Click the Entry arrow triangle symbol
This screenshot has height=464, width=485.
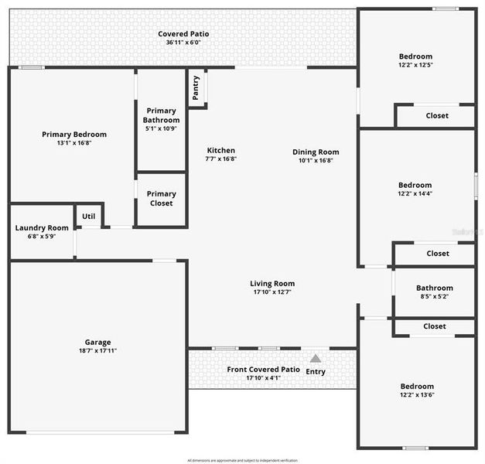(x=315, y=358)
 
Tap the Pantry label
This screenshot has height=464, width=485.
(x=196, y=87)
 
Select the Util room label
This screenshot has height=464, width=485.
(x=89, y=216)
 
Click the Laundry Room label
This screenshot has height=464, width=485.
(x=42, y=228)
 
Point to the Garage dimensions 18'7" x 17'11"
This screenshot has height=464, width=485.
(x=97, y=350)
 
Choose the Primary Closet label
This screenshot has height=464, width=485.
(x=161, y=199)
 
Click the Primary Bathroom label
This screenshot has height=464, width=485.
(x=161, y=115)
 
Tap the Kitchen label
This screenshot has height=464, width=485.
(x=220, y=151)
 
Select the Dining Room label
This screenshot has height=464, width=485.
(x=316, y=152)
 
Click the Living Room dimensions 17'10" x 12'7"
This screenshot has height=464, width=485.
(x=272, y=292)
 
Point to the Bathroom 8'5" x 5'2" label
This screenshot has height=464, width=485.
(x=434, y=292)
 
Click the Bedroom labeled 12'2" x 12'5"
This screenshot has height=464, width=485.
(x=415, y=61)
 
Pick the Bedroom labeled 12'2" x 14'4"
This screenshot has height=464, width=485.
(x=415, y=189)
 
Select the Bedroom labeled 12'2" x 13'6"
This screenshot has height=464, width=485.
(x=417, y=391)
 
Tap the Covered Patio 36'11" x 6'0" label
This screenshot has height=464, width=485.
(x=183, y=38)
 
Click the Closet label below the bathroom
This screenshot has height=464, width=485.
(x=435, y=326)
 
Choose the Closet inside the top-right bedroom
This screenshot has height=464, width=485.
(x=437, y=116)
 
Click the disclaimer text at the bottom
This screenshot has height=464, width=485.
(x=242, y=459)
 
